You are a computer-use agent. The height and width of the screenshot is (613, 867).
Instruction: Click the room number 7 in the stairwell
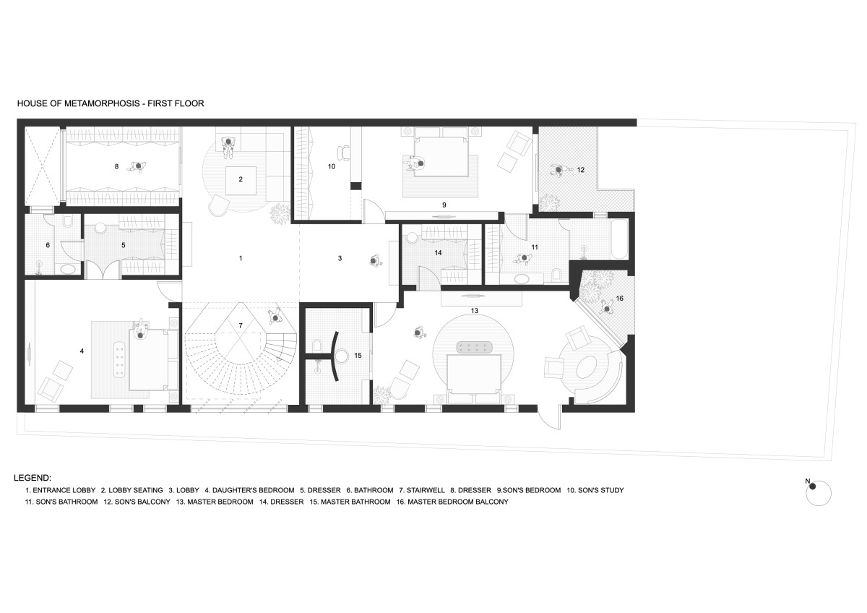tap(241, 326)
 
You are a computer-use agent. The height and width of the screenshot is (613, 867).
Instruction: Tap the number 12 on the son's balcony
tap(581, 170)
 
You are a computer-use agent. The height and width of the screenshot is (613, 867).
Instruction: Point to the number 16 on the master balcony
tap(620, 298)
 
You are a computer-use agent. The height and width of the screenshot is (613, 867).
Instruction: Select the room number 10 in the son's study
tap(332, 166)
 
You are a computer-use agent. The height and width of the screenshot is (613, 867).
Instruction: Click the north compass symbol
tap(818, 493)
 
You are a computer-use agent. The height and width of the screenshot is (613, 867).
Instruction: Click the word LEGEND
tap(33, 478)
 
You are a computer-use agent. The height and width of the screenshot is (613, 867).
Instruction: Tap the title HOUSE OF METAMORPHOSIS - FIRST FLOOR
tap(111, 103)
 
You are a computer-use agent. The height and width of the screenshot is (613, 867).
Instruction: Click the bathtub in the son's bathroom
tap(620, 239)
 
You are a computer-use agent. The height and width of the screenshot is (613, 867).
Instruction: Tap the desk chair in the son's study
tap(344, 153)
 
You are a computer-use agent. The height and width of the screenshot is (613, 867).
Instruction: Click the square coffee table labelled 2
tap(241, 181)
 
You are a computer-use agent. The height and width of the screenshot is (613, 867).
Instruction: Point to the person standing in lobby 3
tap(375, 261)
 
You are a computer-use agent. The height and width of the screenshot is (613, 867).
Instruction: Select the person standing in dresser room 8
tap(137, 166)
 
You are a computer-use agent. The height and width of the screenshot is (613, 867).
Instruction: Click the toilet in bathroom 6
tap(67, 222)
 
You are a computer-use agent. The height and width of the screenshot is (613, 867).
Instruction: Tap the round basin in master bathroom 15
tap(342, 356)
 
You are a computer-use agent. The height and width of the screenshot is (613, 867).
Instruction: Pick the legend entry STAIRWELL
tap(422, 490)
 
